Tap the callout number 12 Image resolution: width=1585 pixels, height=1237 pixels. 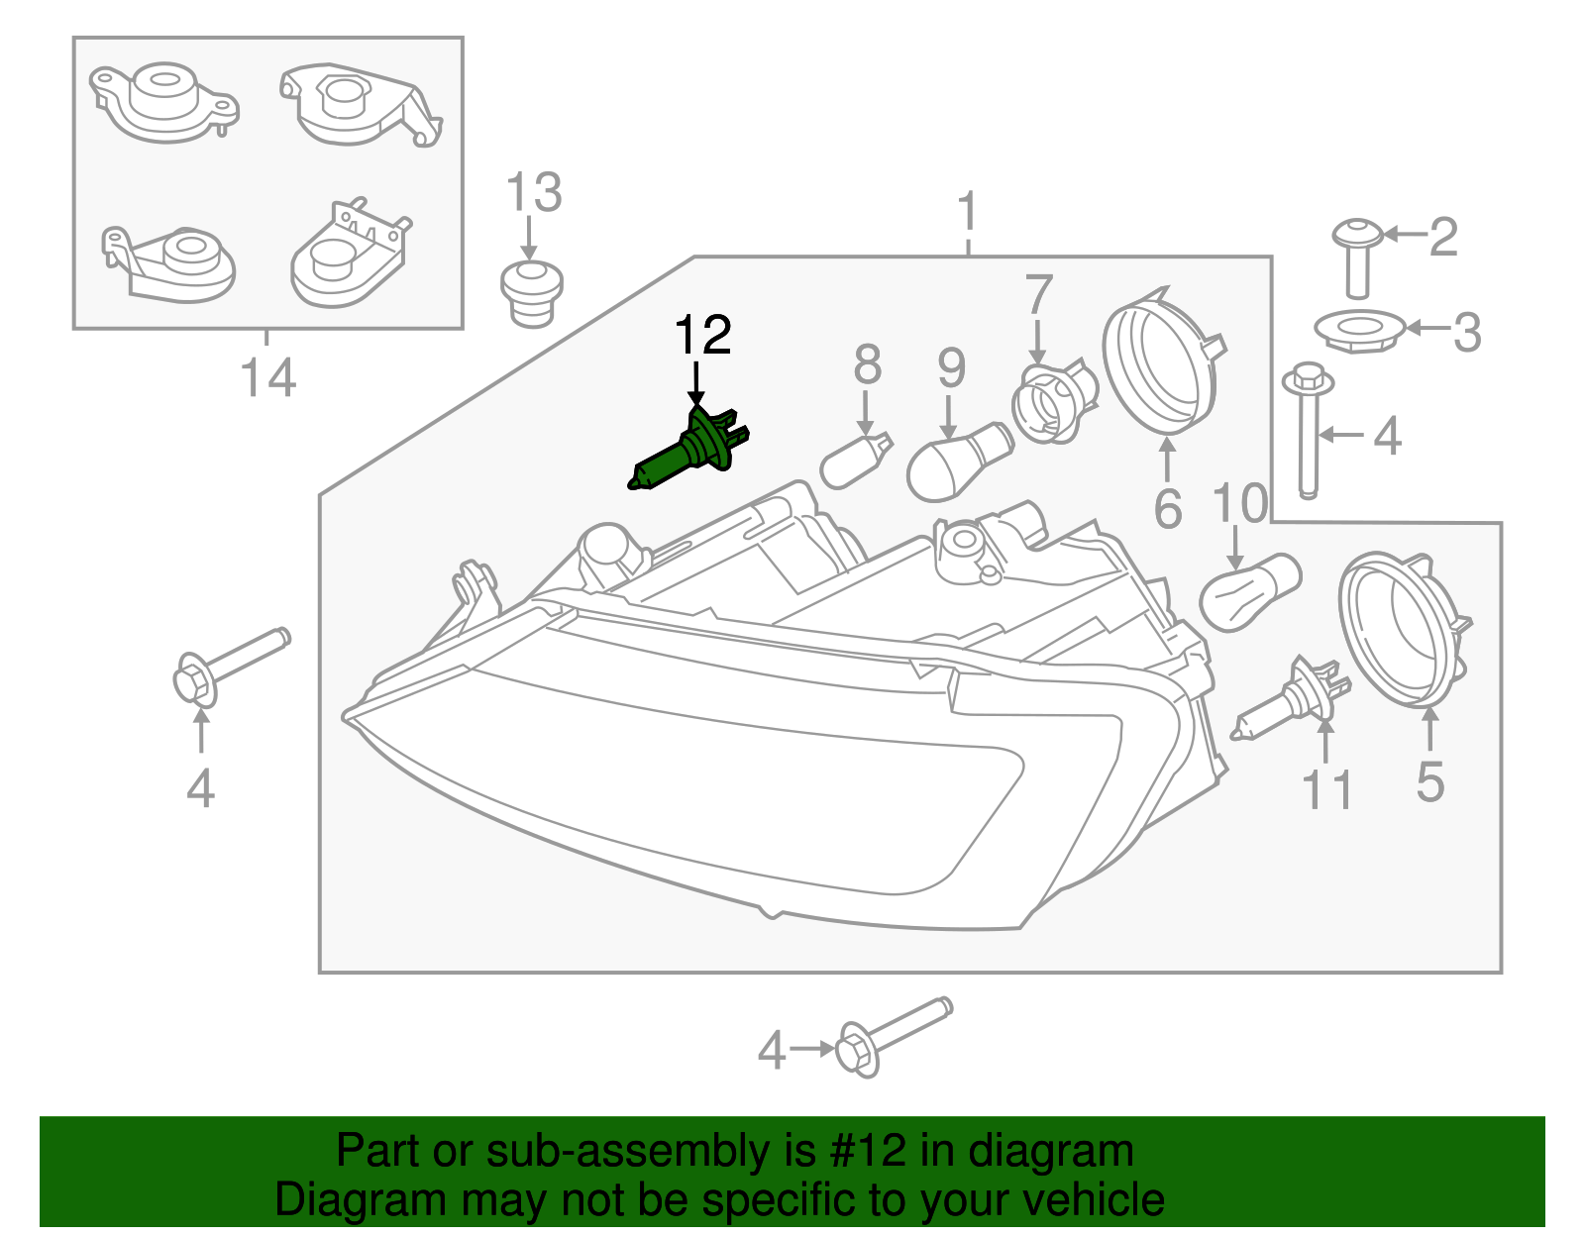(702, 336)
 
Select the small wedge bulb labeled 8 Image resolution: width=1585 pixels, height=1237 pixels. (856, 461)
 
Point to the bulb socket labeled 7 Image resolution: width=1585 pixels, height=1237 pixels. (1052, 400)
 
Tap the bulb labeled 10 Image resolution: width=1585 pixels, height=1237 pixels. (1248, 591)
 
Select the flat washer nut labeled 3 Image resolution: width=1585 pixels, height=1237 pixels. (1358, 330)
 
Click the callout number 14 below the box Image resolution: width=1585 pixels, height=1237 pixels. (268, 377)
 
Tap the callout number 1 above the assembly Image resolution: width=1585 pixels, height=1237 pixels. (968, 212)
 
